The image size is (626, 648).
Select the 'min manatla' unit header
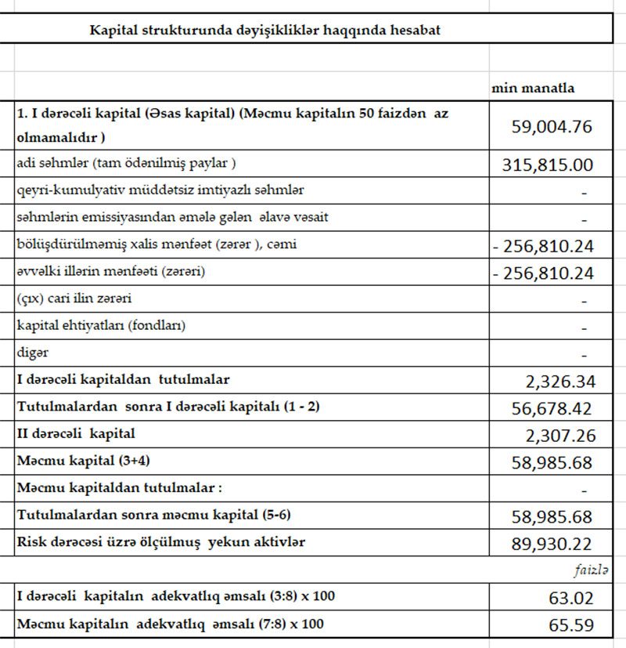point(532,88)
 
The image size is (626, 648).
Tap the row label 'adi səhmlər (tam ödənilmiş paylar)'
point(126,163)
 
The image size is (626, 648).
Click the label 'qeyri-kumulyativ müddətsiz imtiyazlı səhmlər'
point(160,190)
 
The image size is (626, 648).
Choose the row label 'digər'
point(32,353)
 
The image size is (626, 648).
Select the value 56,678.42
point(552,408)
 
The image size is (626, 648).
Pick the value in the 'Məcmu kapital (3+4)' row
point(552,462)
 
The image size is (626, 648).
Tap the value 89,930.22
point(552,543)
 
